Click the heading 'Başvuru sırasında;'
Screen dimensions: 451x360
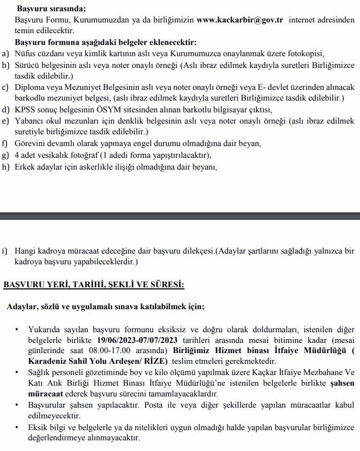coord(51,9)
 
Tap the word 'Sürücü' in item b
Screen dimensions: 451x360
coord(27,65)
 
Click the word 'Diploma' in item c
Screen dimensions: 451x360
coord(29,87)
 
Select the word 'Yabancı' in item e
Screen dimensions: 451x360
coord(30,121)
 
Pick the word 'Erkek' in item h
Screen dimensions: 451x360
coord(26,167)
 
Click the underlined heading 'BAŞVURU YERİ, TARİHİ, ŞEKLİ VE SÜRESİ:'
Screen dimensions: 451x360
coord(94,285)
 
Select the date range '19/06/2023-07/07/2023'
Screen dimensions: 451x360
coord(138,340)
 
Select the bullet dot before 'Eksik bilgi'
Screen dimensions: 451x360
coord(17,427)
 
